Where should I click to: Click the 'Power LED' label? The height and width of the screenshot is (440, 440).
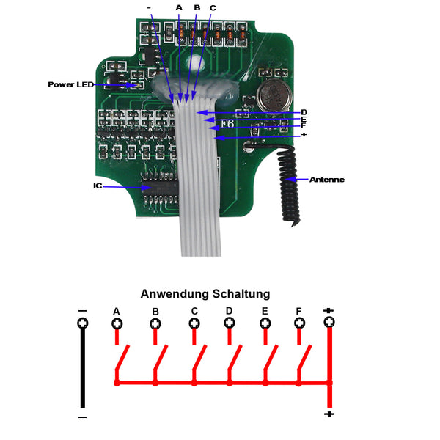pos(70,84)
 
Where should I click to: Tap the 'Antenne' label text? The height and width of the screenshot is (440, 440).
pos(327,180)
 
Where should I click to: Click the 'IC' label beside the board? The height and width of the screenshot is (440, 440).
pos(98,186)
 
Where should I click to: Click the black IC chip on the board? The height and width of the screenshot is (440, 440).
pos(160,188)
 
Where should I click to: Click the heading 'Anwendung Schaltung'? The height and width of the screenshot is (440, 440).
pos(205,294)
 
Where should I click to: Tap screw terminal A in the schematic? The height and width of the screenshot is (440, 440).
pos(117,323)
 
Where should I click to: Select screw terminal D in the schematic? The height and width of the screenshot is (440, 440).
pos(230,323)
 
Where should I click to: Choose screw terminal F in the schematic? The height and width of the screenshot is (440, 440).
pos(300,323)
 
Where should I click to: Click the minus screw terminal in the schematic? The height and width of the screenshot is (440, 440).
pos(83,323)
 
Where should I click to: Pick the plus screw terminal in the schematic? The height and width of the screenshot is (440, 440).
pos(329,322)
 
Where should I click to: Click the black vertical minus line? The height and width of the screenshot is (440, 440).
pos(83,367)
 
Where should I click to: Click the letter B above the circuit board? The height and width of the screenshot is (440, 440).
pos(197,7)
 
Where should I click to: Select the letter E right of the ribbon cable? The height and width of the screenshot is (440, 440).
pos(304,120)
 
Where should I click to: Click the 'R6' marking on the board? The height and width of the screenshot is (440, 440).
pos(227,123)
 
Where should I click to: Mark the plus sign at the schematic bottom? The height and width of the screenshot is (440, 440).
pos(329,414)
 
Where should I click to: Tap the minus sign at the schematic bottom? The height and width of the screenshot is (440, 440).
pos(82,417)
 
